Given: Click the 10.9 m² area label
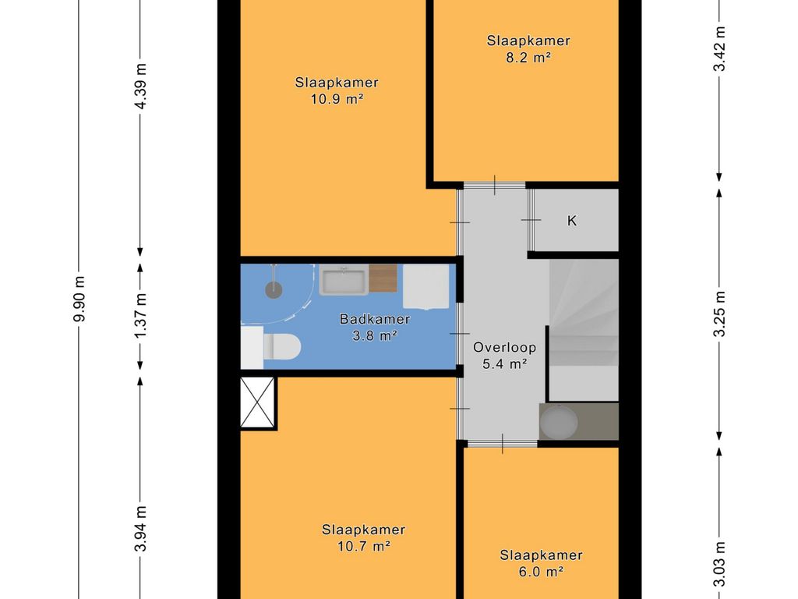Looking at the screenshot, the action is tap(337, 99).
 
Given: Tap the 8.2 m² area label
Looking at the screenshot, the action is tap(528, 57).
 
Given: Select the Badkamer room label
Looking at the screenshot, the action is tap(375, 319).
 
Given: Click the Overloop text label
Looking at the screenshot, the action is tap(504, 347).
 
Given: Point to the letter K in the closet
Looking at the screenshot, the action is tap(572, 221).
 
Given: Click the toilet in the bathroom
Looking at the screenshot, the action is tap(281, 347).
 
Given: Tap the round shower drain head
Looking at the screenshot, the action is tap(274, 290).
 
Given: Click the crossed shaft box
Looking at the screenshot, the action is tap(257, 402).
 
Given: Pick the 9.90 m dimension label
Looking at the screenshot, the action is tap(79, 299).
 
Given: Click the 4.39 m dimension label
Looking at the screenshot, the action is tap(141, 86).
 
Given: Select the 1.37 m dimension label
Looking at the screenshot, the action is tap(141, 315).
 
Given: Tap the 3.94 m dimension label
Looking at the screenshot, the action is tap(141, 529).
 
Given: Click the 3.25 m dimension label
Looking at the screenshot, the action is tap(719, 314).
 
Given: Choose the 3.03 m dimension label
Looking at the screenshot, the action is tap(719, 565).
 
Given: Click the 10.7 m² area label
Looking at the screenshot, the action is tap(364, 547).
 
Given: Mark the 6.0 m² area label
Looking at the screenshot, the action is tap(541, 572).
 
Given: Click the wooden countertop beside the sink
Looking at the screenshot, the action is tap(383, 278).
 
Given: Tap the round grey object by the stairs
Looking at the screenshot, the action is tap(559, 422).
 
